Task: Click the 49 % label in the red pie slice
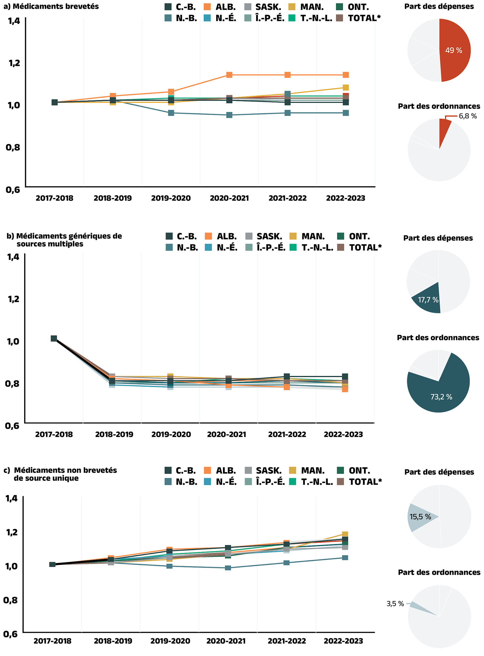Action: point(453,50)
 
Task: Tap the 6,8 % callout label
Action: point(468,116)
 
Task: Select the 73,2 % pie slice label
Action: point(441,397)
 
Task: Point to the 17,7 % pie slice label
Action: point(428,300)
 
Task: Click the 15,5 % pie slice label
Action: point(420,517)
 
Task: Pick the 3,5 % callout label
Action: point(395,604)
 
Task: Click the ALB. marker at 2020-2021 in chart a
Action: point(229,75)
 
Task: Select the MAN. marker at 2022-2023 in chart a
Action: point(346,88)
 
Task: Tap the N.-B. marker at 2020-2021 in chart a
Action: point(229,115)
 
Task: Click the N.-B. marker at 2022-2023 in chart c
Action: point(345,558)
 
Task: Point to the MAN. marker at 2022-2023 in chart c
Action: point(345,534)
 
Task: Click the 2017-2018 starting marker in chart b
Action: point(54,338)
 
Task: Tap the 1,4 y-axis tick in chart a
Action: point(13,21)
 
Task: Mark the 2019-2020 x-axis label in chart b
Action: point(171,435)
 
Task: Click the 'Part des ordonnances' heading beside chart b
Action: point(438,338)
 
